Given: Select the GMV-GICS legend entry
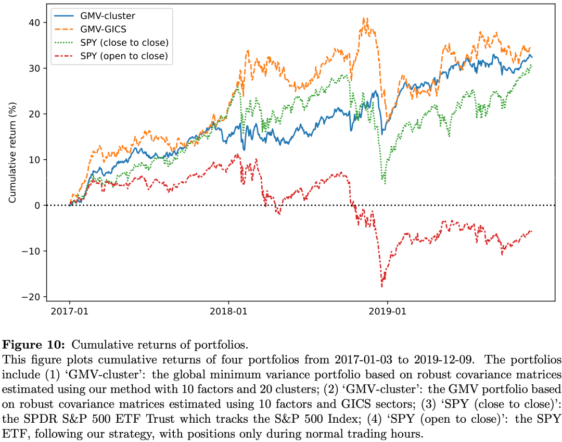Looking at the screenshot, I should [x=103, y=29].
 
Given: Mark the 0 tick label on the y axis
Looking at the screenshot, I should [x=37, y=205].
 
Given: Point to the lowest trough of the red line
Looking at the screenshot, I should [x=382, y=286].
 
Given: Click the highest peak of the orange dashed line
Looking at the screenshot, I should [x=366, y=19].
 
